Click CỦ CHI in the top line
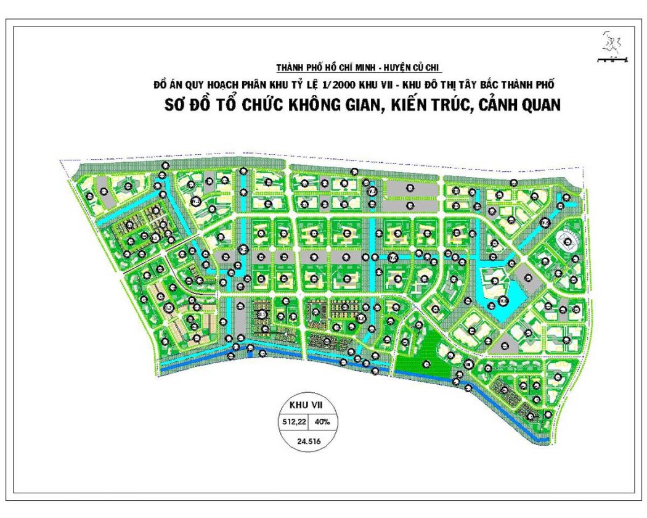point(430,68)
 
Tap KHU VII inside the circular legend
point(306,406)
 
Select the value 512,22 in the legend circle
point(295,422)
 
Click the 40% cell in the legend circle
point(322,422)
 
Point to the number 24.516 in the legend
point(307,440)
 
